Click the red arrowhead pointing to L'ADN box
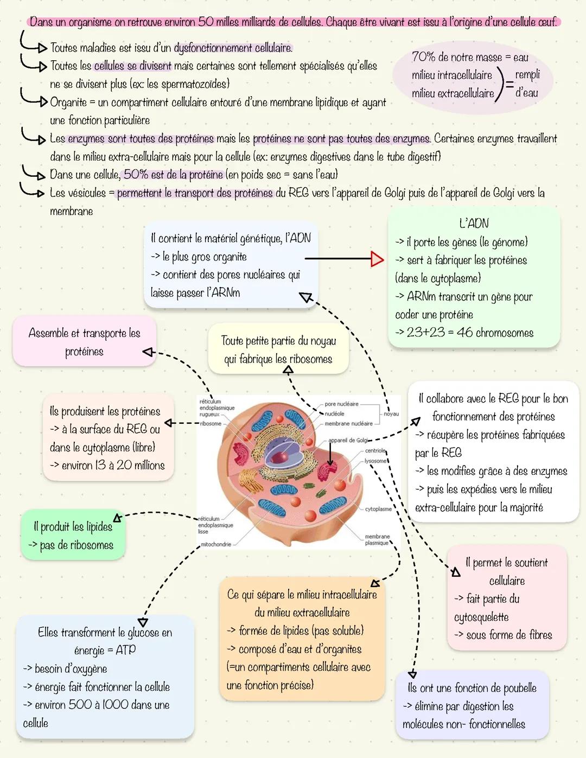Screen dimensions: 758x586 pyautogui.click(x=377, y=259)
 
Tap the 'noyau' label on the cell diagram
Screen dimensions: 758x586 pyautogui.click(x=391, y=414)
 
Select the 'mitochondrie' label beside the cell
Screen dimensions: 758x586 pyautogui.click(x=216, y=544)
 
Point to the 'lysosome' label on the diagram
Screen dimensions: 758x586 pyautogui.click(x=375, y=461)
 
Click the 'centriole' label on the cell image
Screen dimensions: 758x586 pyautogui.click(x=375, y=451)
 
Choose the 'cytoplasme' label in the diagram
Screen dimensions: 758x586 pyautogui.click(x=378, y=509)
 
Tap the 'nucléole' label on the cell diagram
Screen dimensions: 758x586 pyautogui.click(x=334, y=413)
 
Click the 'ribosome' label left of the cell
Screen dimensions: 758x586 pyautogui.click(x=211, y=423)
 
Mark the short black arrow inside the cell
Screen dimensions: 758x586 pyautogui.click(x=330, y=454)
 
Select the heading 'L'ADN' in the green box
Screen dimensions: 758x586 pyautogui.click(x=474, y=224)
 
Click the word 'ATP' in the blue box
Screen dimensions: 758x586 pyautogui.click(x=126, y=649)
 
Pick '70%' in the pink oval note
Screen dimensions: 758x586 pyautogui.click(x=424, y=56)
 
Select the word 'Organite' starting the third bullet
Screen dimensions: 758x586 pyautogui.click(x=68, y=103)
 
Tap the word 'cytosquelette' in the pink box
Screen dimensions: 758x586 pyautogui.click(x=481, y=617)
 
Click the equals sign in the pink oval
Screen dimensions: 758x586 pyautogui.click(x=509, y=84)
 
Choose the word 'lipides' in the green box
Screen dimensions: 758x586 pyautogui.click(x=99, y=526)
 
